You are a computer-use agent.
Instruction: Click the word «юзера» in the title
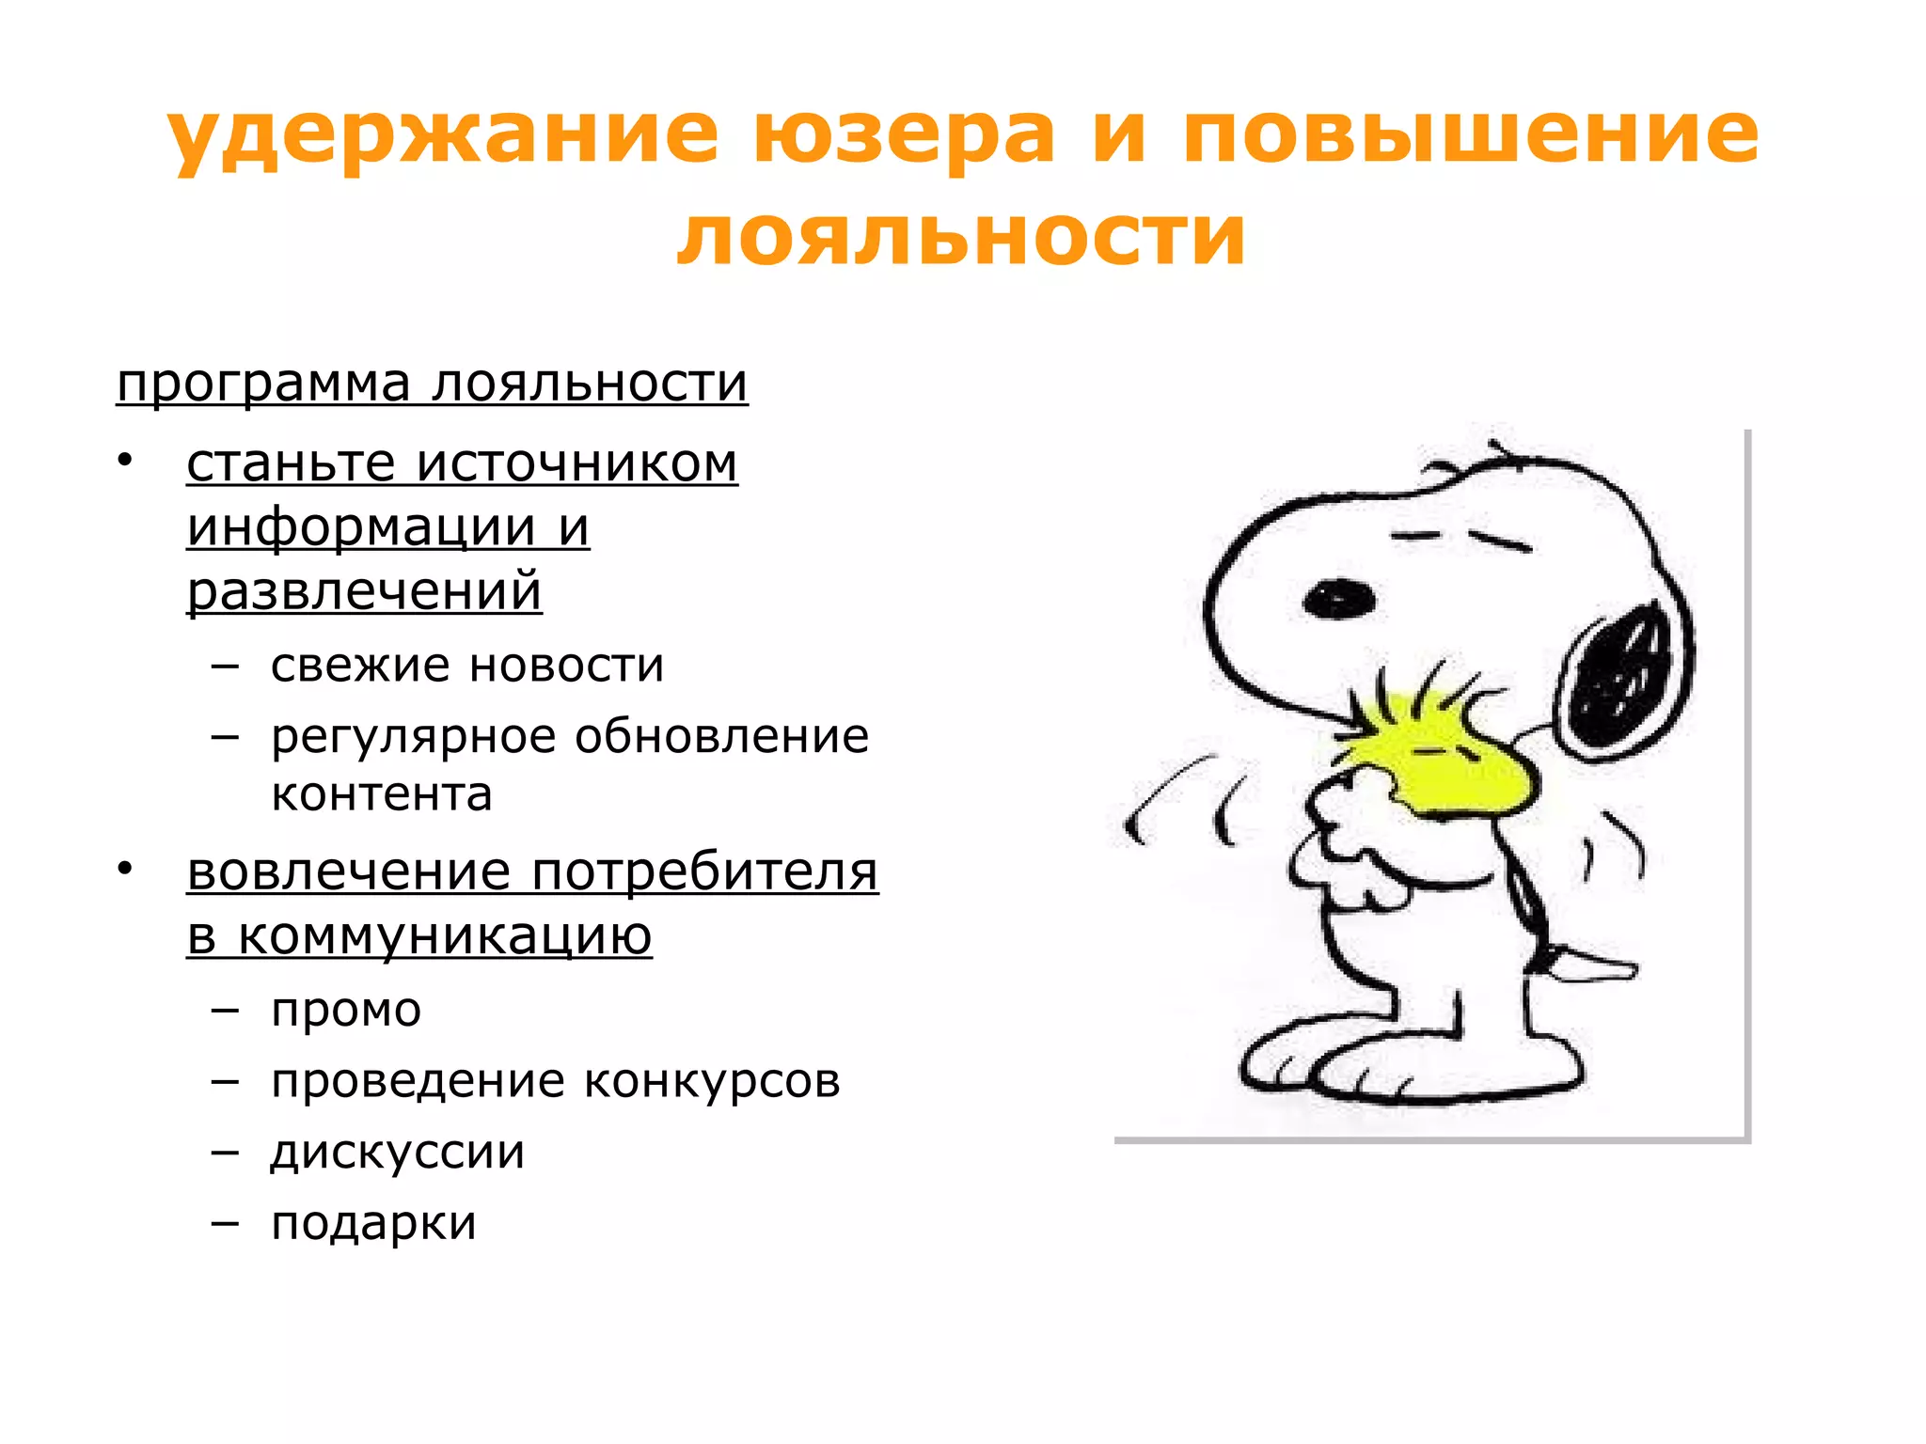click(x=904, y=133)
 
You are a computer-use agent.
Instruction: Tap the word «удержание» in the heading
click(x=443, y=133)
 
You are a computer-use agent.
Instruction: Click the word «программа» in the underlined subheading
click(x=264, y=385)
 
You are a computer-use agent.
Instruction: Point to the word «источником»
click(x=577, y=463)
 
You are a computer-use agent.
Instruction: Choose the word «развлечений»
click(x=364, y=591)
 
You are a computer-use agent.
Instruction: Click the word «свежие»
click(x=360, y=666)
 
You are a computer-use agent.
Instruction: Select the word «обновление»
click(x=721, y=736)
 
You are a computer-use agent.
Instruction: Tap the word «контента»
click(x=382, y=794)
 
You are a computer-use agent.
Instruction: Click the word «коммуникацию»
click(x=445, y=935)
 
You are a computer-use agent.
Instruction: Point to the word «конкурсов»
click(x=712, y=1081)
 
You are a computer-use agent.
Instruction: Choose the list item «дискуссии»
click(x=398, y=1153)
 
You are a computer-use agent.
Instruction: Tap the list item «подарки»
click(x=374, y=1223)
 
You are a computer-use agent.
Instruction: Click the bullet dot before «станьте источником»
click(x=125, y=462)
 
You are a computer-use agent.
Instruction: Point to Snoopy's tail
click(x=1589, y=965)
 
